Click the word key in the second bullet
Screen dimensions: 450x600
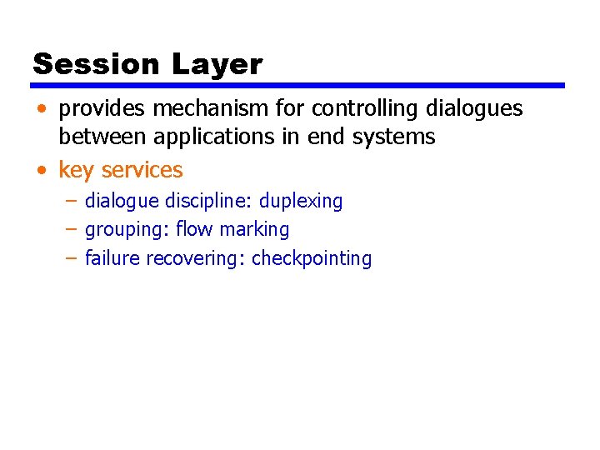[76, 170]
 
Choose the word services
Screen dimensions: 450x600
[142, 170]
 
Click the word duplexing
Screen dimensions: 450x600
[301, 201]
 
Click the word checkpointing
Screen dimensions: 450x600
[312, 258]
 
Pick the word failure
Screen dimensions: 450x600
[112, 258]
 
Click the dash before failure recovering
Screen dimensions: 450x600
[71, 258]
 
